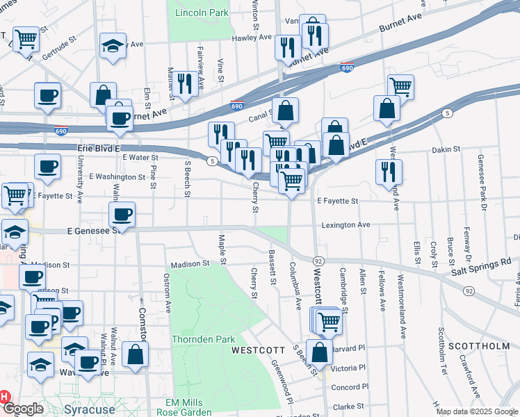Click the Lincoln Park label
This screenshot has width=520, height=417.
click(x=202, y=13)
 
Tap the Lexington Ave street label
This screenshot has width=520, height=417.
click(x=346, y=225)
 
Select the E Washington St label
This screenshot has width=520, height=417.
click(x=117, y=177)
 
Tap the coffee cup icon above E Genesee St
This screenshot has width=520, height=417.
click(x=122, y=213)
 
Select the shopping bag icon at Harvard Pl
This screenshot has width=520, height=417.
click(x=319, y=352)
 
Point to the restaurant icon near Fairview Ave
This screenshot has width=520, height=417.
click(x=184, y=83)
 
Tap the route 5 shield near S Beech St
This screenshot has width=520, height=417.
click(x=210, y=161)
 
